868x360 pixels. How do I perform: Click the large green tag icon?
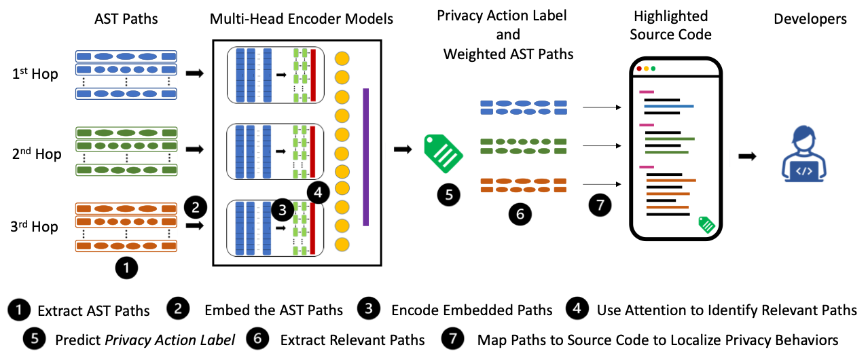point(442,153)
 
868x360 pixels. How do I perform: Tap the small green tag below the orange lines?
point(706,224)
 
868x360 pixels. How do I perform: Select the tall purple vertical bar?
point(365,157)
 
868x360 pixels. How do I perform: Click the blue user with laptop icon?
point(803,154)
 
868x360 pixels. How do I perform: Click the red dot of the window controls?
point(639,69)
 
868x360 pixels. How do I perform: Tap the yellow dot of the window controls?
point(646,69)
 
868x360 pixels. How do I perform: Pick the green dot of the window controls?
point(653,69)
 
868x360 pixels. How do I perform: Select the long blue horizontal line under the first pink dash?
point(668,106)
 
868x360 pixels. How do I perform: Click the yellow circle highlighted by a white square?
point(342,170)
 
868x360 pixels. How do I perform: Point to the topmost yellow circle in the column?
point(342,58)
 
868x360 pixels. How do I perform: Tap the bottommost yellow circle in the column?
point(342,245)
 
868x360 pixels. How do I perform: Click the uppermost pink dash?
point(646,92)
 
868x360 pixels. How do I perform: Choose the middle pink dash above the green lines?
point(646,125)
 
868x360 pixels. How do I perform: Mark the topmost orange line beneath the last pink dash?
point(670,180)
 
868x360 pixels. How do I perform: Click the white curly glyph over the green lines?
point(675,148)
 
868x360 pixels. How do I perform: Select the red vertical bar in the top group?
point(313,75)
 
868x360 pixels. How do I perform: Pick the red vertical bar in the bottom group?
point(313,229)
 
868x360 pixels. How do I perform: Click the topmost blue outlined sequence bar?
point(126,56)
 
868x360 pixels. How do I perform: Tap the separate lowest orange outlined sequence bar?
point(126,246)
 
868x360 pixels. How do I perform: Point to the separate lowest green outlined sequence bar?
point(126,170)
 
